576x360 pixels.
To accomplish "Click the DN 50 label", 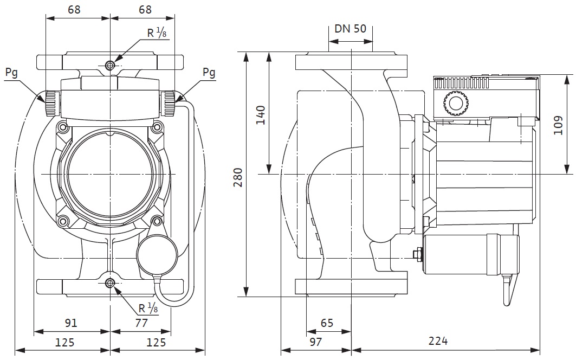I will click(x=351, y=29).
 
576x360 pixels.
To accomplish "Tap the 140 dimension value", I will click(x=261, y=115).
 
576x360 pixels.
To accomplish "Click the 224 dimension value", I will click(x=438, y=341).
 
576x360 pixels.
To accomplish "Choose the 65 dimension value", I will click(x=327, y=324).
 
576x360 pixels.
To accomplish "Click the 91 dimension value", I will click(x=71, y=324).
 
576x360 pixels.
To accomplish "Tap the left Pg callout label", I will click(x=11, y=72).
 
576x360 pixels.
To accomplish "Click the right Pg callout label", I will click(x=209, y=72).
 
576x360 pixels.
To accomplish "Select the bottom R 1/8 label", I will click(x=147, y=309).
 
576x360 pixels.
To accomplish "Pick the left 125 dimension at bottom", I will click(x=64, y=342).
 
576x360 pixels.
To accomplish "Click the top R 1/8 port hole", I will click(x=110, y=66).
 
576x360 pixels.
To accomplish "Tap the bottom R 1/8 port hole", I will click(x=110, y=283).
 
